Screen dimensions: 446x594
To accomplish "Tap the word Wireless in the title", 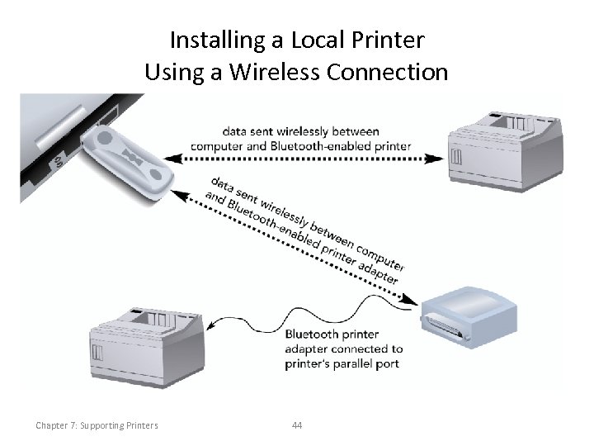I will pyautogui.click(x=269, y=73).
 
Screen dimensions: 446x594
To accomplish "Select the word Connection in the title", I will pyautogui.click(x=388, y=73).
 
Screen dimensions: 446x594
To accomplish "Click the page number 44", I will pyautogui.click(x=297, y=425).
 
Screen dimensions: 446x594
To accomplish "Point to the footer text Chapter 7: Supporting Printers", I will pyautogui.click(x=97, y=425).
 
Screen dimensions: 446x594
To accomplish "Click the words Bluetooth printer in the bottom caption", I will pyautogui.click(x=332, y=334).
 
